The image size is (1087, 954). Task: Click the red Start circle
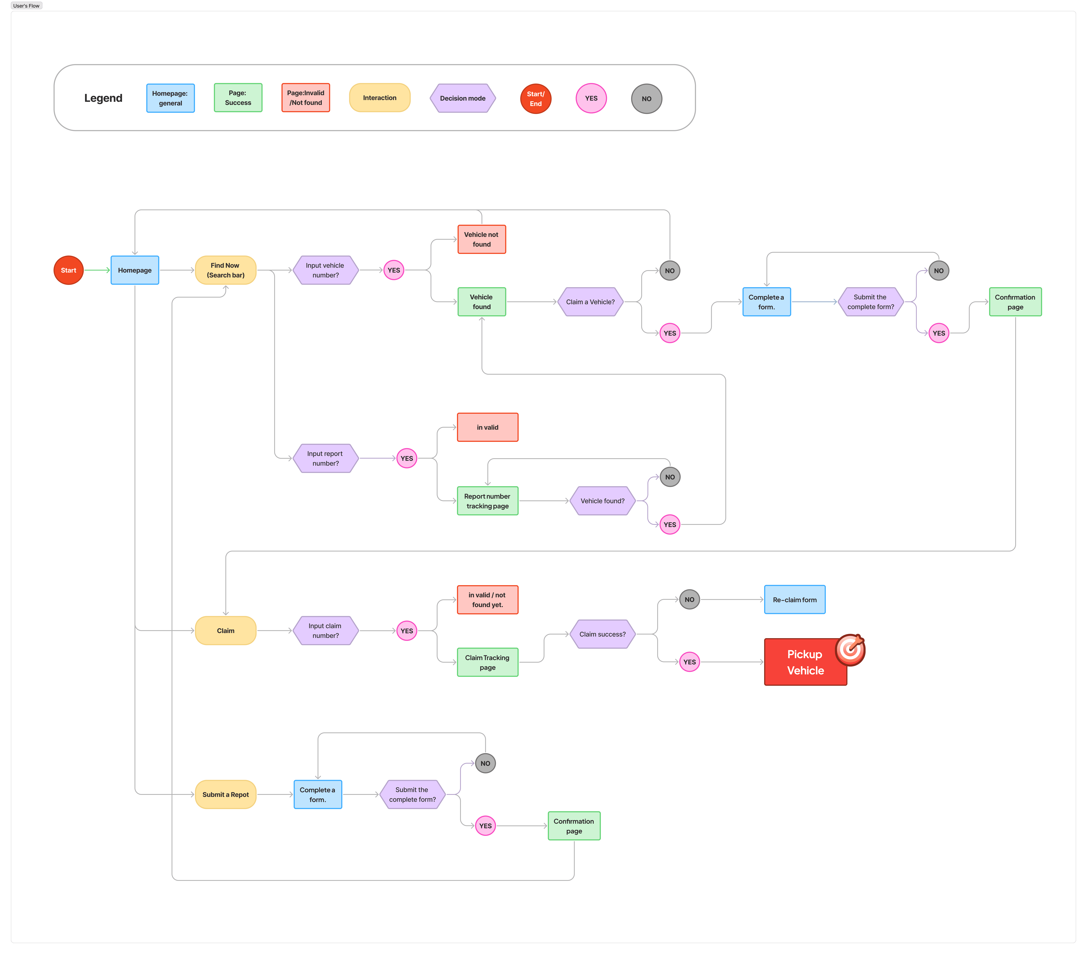69,270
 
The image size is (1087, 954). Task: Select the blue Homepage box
135,270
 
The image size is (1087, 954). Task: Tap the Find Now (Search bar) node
226,270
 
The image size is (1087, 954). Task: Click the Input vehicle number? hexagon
325,270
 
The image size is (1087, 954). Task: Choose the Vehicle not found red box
481,239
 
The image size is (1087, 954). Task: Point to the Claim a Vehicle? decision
590,302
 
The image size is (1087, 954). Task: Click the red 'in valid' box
487,427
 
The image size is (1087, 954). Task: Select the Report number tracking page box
487,501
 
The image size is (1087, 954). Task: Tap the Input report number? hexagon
325,458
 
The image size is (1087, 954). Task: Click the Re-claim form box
795,600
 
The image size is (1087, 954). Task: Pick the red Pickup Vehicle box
805,663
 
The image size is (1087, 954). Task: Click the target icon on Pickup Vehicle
850,649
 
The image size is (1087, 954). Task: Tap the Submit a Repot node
226,794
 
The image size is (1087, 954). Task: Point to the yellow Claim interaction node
226,631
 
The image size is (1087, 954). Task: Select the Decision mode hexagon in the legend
463,98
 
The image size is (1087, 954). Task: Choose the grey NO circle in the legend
646,99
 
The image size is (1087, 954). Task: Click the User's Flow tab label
26,6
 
